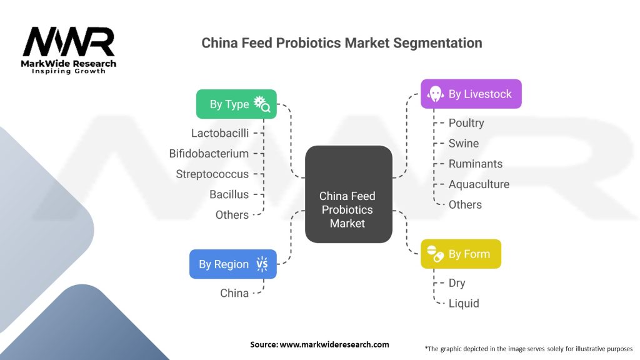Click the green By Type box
coord(236,104)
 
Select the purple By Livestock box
coord(471,94)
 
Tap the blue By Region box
coord(233,264)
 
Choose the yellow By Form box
coord(461,254)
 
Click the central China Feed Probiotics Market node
coord(349,194)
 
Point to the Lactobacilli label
coord(220,133)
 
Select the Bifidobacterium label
coord(209,154)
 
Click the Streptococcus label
coord(212,174)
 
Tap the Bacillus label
coord(229,194)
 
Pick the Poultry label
coord(466,123)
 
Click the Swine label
coord(464,143)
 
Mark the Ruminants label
coord(476,164)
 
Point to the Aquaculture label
coord(479,184)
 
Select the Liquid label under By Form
coord(464,303)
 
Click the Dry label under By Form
coord(457,283)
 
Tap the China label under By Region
coord(234,293)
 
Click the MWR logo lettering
coord(69,42)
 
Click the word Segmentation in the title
coord(437,43)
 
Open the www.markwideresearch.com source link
coord(334,344)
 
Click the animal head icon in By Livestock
coord(436,94)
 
